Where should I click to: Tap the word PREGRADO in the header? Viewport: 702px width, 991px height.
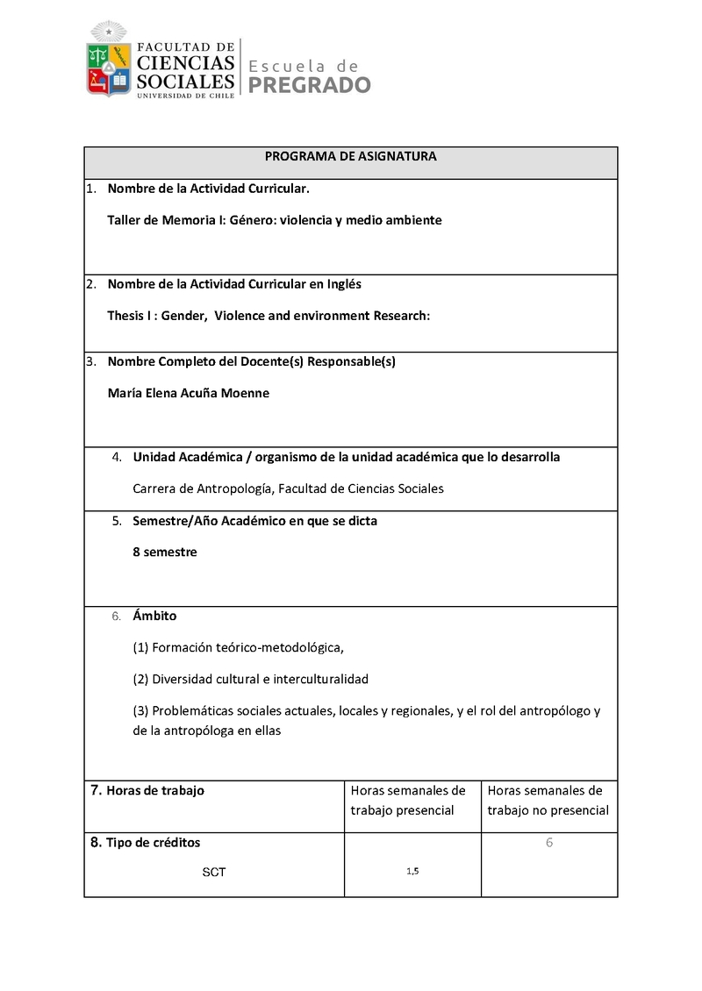tap(310, 85)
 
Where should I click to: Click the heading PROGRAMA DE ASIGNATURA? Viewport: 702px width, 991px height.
tap(351, 156)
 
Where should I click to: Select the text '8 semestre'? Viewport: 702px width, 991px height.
tap(164, 553)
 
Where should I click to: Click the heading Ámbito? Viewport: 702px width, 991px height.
tap(154, 616)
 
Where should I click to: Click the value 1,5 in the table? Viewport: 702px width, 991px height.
tap(412, 871)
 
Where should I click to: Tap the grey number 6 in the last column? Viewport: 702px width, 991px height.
tap(549, 843)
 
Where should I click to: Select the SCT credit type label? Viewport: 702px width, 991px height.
tap(213, 873)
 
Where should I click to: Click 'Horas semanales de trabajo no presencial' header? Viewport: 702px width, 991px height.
tap(548, 800)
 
